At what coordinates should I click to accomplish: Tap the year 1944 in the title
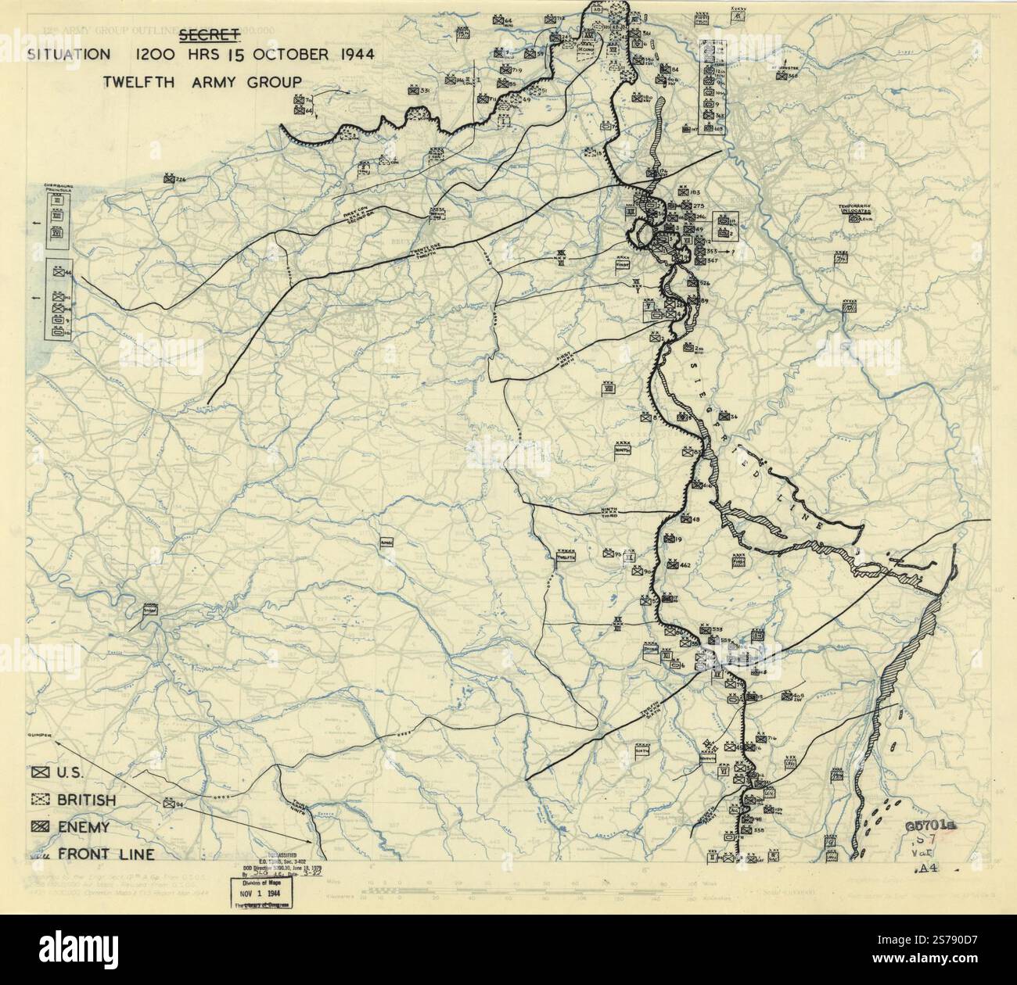[x=345, y=55]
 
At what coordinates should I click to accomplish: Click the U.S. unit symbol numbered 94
[x=168, y=803]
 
